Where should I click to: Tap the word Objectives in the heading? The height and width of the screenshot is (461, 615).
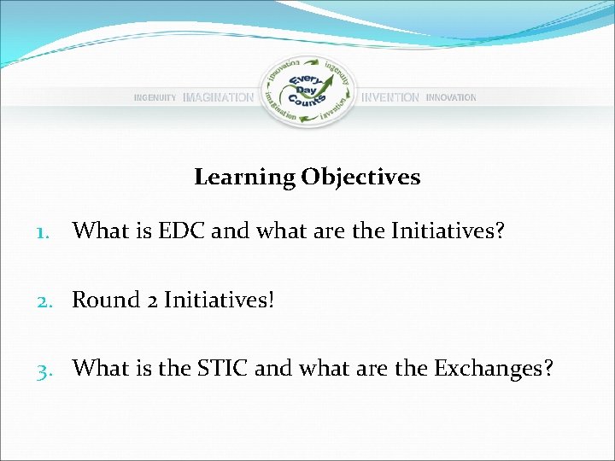coord(360,178)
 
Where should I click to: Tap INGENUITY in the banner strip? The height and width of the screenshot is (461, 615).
coord(155,98)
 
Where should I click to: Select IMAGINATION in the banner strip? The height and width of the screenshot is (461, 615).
coord(218,98)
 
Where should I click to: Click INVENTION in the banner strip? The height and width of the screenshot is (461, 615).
coord(390,98)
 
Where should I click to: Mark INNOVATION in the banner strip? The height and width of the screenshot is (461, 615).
coord(451,98)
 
